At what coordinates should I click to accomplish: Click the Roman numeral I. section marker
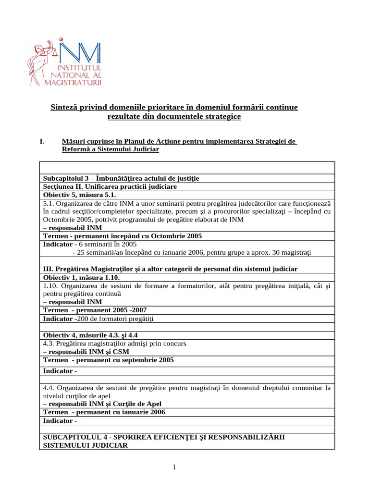click(x=42, y=141)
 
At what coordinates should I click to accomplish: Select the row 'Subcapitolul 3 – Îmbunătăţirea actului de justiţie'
click(x=121, y=178)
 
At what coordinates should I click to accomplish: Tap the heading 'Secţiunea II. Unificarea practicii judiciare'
click(x=110, y=186)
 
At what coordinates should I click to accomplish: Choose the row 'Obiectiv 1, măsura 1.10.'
click(x=81, y=278)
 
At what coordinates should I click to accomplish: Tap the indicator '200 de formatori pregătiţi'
click(x=118, y=319)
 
